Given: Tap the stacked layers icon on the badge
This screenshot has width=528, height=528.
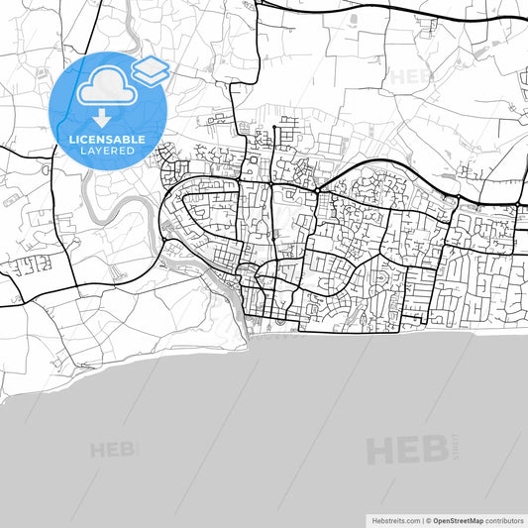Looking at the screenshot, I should tap(151, 70).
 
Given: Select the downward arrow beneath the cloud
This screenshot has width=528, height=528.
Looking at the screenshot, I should tap(102, 118).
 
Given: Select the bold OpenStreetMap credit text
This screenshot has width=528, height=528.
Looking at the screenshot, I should tap(458, 520).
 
